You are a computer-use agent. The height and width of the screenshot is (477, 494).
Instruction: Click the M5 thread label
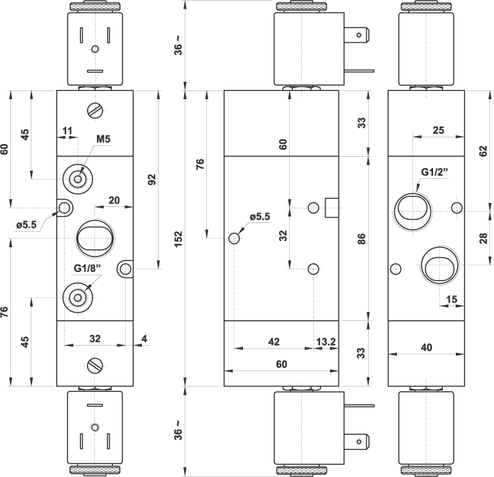(103, 139)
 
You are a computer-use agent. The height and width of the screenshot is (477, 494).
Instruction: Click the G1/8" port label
(87, 269)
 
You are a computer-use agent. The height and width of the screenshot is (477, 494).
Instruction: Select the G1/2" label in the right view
(434, 172)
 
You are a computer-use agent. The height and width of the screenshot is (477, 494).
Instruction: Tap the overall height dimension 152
(178, 238)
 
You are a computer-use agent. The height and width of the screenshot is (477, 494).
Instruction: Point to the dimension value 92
(151, 180)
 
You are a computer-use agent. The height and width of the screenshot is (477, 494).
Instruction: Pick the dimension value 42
(273, 342)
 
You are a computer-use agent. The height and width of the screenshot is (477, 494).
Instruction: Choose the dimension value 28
(483, 238)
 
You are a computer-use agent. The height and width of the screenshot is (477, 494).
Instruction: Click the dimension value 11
(67, 129)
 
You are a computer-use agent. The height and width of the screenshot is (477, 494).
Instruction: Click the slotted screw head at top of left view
(94, 111)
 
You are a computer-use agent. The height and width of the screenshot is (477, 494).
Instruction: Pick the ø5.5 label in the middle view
(259, 216)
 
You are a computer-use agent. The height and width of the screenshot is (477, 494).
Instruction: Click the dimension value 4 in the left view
(144, 339)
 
